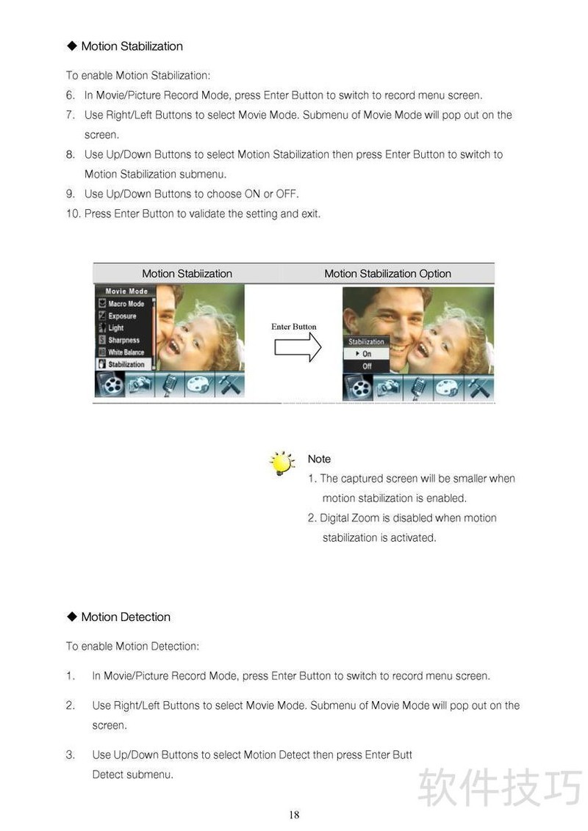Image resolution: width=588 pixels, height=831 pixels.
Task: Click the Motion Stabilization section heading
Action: [132, 46]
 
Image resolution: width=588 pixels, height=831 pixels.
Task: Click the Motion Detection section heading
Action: [126, 617]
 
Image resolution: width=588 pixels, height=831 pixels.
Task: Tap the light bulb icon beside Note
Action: [282, 464]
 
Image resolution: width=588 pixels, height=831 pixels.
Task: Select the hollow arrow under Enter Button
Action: [298, 347]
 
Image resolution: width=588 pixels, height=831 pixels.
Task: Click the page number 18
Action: [294, 815]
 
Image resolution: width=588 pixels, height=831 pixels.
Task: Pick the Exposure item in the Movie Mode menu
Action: [122, 316]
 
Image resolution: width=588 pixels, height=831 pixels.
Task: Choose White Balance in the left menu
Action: [126, 352]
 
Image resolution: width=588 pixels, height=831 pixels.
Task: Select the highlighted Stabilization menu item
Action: [126, 364]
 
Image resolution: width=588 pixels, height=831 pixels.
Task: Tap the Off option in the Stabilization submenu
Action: [367, 366]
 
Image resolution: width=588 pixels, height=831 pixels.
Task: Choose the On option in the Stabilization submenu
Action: [367, 354]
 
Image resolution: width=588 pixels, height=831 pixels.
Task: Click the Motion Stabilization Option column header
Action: [387, 274]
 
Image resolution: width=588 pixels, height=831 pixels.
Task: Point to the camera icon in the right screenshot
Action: [389, 387]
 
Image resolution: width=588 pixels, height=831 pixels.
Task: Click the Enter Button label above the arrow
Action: [294, 327]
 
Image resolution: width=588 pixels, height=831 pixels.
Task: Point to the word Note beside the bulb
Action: [319, 459]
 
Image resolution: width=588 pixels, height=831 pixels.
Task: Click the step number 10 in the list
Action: [72, 214]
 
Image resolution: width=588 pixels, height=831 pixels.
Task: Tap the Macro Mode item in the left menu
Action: [126, 304]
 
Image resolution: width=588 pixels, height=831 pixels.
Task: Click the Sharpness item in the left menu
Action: [123, 340]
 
